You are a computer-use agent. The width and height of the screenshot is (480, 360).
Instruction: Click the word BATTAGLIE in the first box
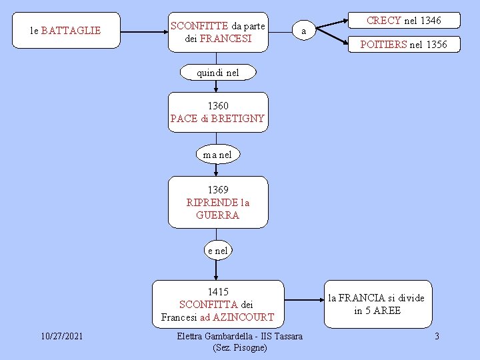pyautogui.click(x=71, y=31)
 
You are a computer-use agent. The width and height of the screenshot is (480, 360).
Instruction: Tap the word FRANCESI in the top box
pyautogui.click(x=225, y=38)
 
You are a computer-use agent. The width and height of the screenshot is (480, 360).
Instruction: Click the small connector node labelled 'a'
pyautogui.click(x=304, y=31)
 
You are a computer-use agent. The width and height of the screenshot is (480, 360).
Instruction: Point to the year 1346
pyautogui.click(x=430, y=21)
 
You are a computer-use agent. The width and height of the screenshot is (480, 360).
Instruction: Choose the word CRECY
pyautogui.click(x=384, y=21)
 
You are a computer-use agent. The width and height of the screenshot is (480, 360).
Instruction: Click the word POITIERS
pyautogui.click(x=383, y=45)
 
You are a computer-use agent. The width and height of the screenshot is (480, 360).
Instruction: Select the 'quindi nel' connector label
pyautogui.click(x=217, y=73)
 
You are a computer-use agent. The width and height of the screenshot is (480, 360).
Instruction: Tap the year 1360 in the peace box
pyautogui.click(x=218, y=105)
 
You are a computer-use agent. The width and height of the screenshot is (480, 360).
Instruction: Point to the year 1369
pyautogui.click(x=218, y=190)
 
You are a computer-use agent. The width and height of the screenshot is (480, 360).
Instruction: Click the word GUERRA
pyautogui.click(x=218, y=215)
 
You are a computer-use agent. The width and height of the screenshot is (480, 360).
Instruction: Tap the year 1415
pyautogui.click(x=218, y=291)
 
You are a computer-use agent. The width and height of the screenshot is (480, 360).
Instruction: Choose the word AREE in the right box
pyautogui.click(x=387, y=311)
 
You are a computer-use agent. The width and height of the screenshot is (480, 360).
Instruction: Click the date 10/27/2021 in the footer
pyautogui.click(x=61, y=336)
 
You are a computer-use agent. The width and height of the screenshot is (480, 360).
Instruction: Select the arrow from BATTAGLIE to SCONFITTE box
pyautogui.click(x=144, y=31)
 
